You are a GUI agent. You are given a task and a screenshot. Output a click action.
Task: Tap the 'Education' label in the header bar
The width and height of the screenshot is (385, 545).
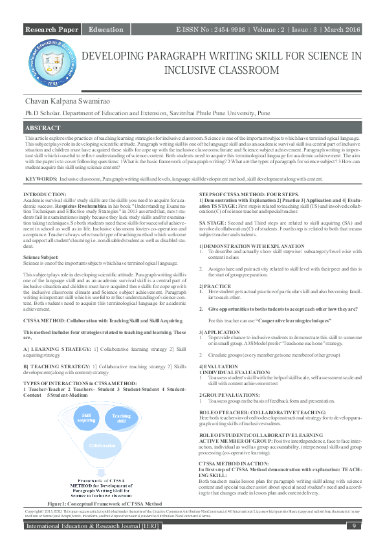[106, 30]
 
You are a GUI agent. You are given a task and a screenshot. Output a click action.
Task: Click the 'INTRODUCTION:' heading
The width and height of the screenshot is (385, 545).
[44, 194]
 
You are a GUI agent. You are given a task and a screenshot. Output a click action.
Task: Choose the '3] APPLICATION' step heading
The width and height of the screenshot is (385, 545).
[219, 331]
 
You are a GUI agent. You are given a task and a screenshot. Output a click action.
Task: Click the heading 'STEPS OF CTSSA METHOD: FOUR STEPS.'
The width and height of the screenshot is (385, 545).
[248, 194]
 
